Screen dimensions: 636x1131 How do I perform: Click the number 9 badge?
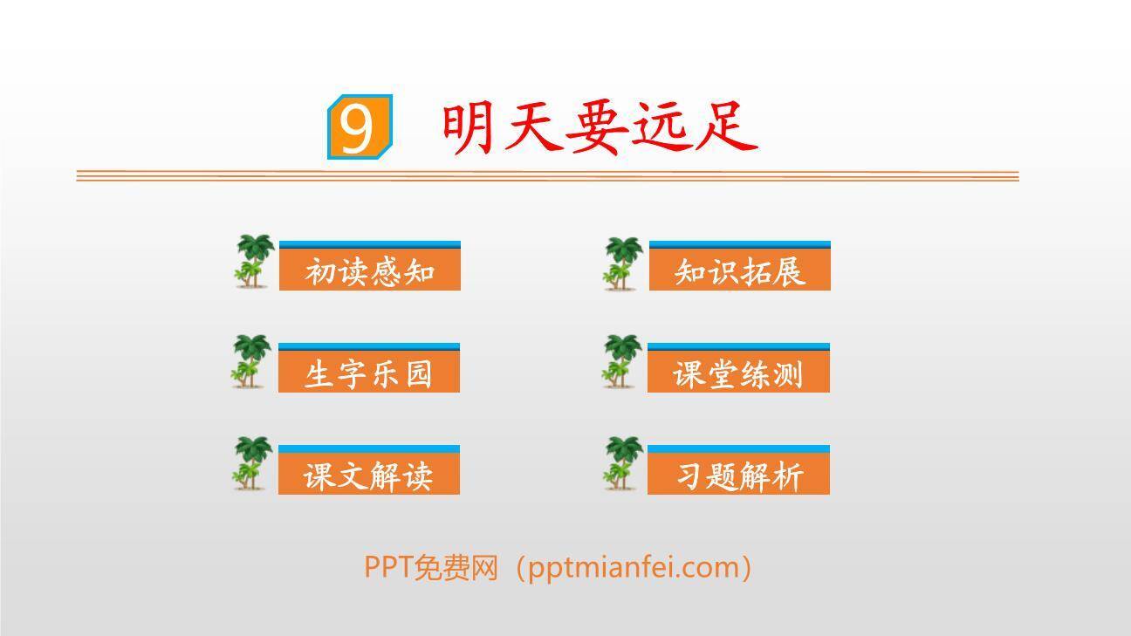click(359, 127)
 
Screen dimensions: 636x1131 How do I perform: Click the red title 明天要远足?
click(599, 127)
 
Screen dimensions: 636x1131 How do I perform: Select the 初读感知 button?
click(369, 270)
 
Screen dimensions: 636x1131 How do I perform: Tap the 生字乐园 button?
click(368, 373)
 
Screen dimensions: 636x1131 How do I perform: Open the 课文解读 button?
click(368, 475)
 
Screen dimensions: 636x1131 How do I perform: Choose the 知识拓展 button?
click(739, 270)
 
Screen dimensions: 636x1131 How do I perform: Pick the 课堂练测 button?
click(738, 373)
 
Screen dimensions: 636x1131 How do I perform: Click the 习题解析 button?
click(738, 475)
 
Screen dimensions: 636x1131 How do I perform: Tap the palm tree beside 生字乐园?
click(252, 361)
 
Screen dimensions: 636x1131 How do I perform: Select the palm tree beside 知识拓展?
click(623, 262)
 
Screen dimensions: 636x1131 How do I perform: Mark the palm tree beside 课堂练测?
click(622, 361)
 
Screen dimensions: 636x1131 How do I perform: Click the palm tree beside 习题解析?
click(623, 463)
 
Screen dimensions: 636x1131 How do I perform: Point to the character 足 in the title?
click(727, 127)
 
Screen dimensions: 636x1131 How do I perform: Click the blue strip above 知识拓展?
click(739, 245)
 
